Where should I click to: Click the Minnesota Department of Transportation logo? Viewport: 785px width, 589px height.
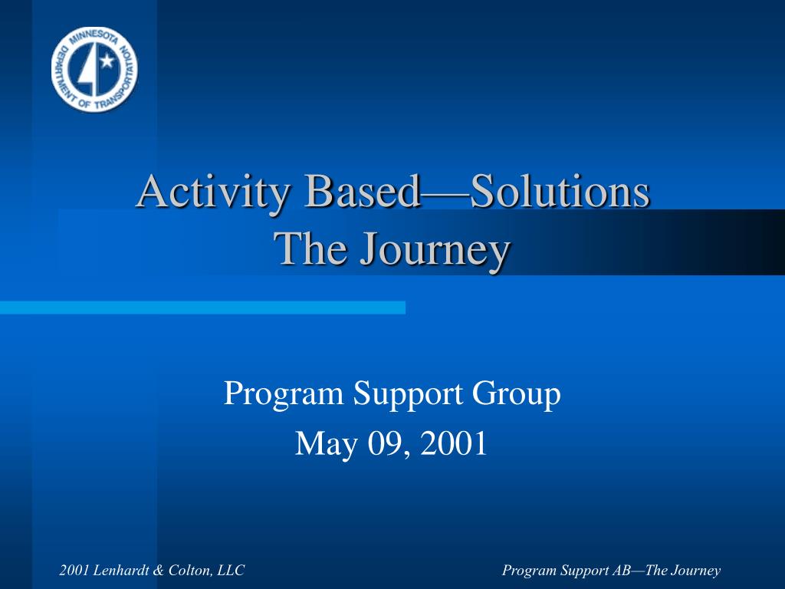pos(94,69)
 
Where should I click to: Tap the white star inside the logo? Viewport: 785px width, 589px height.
pos(107,61)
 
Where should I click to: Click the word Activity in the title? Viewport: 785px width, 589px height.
pos(213,192)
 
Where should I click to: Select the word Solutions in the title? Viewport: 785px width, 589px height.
pos(560,191)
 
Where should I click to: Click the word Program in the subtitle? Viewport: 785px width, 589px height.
pos(284,395)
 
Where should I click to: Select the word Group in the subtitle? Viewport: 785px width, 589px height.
pos(517,395)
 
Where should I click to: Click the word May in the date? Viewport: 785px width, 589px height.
pos(327,445)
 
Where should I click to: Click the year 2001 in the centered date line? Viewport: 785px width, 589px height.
pos(454,443)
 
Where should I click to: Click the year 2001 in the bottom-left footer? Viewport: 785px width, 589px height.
pos(74,570)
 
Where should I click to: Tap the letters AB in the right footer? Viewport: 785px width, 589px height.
pos(621,570)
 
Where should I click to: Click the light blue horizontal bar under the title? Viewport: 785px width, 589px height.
pos(202,308)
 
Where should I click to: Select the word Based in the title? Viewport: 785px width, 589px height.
pos(363,191)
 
